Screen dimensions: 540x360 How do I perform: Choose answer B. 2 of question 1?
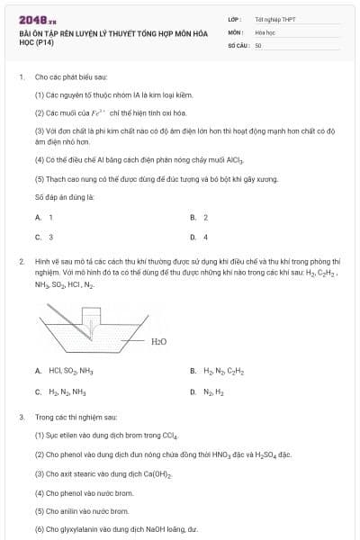coord(199,218)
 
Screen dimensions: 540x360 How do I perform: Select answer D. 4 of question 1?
coord(199,238)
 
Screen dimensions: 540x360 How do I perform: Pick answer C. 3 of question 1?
coord(44,238)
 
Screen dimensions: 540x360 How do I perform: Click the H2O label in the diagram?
coord(158,341)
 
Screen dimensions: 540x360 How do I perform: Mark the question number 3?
coord(21,418)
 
